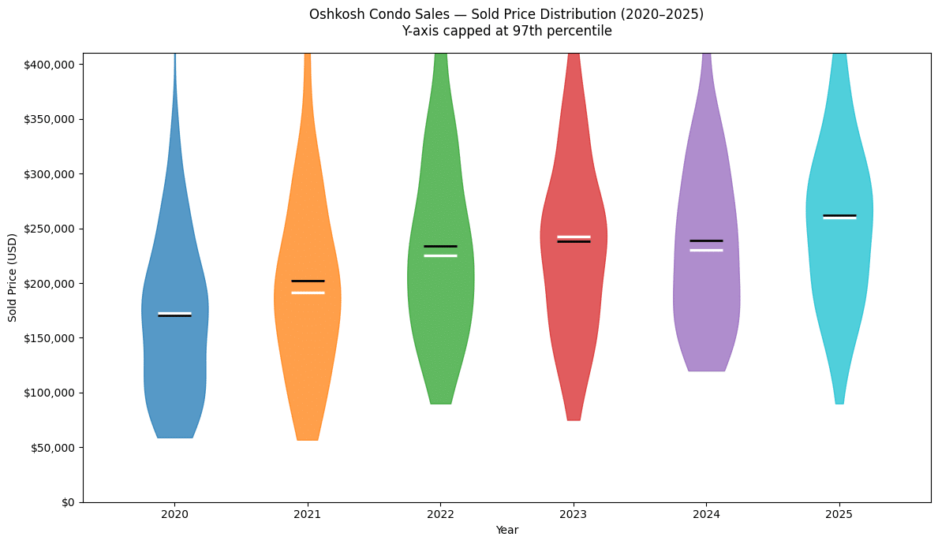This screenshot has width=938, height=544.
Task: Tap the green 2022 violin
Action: click(x=440, y=315)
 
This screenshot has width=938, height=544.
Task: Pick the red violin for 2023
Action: click(x=574, y=300)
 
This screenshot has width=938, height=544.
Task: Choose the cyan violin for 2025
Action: click(x=839, y=268)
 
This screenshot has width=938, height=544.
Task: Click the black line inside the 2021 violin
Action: click(x=307, y=281)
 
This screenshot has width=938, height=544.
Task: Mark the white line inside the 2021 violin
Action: click(x=307, y=292)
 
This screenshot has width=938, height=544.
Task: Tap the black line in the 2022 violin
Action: click(x=440, y=246)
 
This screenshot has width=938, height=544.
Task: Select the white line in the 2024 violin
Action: click(x=706, y=250)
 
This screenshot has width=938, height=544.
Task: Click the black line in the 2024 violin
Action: click(x=706, y=240)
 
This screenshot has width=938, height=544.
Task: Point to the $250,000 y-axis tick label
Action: click(x=52, y=229)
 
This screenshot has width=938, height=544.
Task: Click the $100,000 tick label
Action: click(x=52, y=393)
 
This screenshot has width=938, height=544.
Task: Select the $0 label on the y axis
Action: click(x=70, y=502)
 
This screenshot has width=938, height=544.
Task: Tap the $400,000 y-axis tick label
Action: click(x=52, y=64)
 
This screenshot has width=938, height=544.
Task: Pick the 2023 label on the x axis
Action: click(x=573, y=513)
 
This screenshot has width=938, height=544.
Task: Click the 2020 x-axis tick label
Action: click(x=174, y=513)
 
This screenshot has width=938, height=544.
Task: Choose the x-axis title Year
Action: click(x=506, y=530)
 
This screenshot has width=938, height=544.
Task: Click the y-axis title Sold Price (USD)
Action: click(x=13, y=277)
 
